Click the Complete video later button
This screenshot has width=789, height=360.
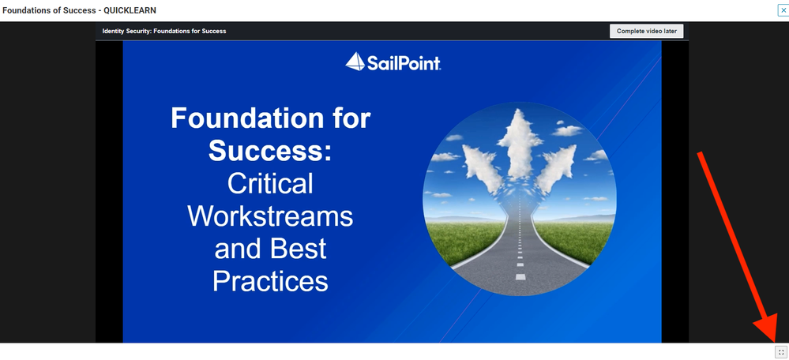pyautogui.click(x=646, y=31)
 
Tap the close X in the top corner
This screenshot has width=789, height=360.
pyautogui.click(x=783, y=9)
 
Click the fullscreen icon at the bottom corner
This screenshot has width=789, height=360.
pyautogui.click(x=781, y=352)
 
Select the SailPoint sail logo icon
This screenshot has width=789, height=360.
pyautogui.click(x=355, y=62)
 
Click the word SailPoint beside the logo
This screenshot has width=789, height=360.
pyautogui.click(x=404, y=63)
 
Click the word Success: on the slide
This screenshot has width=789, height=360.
pyautogui.click(x=271, y=150)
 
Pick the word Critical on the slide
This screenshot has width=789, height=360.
pyautogui.click(x=270, y=183)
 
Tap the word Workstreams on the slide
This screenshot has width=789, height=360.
pyautogui.click(x=270, y=216)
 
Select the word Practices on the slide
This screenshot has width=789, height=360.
pyautogui.click(x=270, y=281)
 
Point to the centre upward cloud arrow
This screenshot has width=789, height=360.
pyautogui.click(x=520, y=144)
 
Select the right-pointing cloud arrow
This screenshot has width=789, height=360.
pyautogui.click(x=557, y=168)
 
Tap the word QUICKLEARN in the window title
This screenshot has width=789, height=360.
pyautogui.click(x=130, y=10)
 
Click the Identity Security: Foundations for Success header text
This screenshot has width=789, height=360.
pyautogui.click(x=164, y=31)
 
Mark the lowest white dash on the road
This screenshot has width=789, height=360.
pyautogui.click(x=520, y=276)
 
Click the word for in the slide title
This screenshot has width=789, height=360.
pyautogui.click(x=351, y=118)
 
